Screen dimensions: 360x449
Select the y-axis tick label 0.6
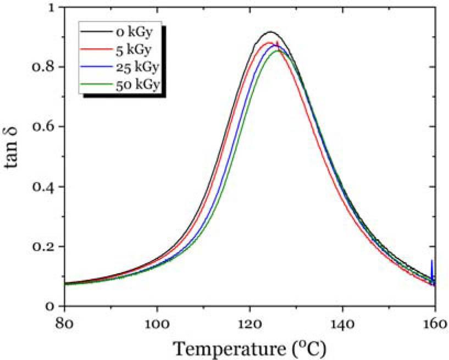point(44,127)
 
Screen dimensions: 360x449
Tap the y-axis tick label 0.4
point(44,187)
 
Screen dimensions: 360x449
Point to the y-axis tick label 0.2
point(44,246)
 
